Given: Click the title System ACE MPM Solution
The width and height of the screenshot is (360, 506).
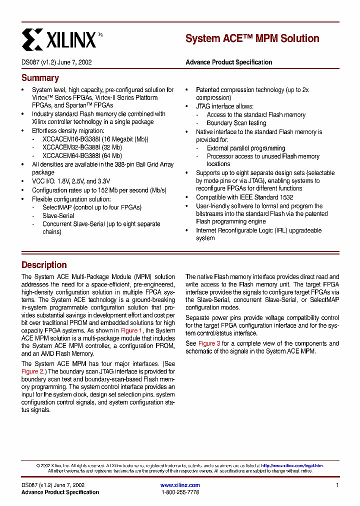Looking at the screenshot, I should pos(252,38).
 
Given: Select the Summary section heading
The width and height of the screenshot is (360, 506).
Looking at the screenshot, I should pos(40,78).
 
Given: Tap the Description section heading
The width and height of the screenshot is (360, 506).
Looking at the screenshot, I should pos(44,265).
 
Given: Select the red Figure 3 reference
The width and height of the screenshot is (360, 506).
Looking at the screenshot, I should pos(209,343).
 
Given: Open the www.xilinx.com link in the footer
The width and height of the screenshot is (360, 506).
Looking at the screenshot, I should pos(180,485).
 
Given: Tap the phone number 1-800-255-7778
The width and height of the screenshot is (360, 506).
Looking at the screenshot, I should pos(180,492).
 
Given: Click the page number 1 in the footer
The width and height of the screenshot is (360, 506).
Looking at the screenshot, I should pos(337,485).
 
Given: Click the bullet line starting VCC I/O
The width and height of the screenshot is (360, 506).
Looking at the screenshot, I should pos(71,181).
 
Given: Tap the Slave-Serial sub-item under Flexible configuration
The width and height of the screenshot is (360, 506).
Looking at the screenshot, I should pos(58,216).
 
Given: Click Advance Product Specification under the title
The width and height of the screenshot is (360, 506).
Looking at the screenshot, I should pos(229,62).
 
